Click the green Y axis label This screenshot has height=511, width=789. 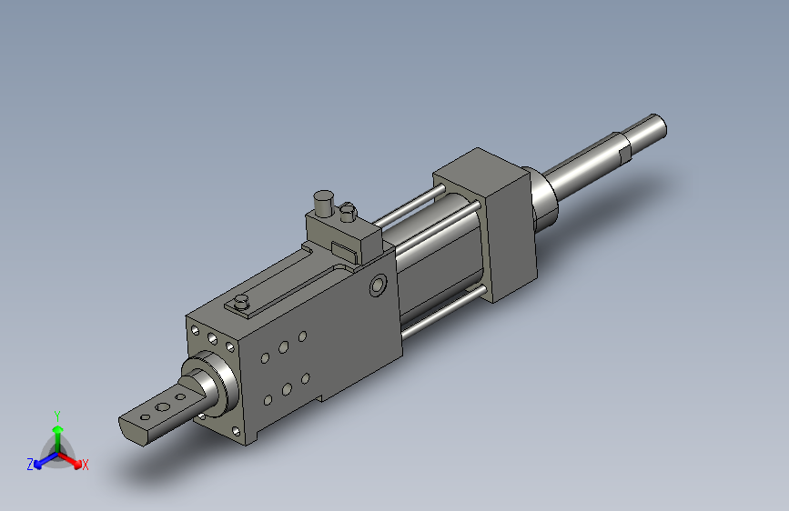click(57, 416)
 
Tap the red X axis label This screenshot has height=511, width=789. click(85, 465)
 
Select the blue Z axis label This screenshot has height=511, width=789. click(30, 465)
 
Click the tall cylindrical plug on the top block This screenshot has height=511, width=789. click(323, 203)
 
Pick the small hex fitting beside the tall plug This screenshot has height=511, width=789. click(348, 212)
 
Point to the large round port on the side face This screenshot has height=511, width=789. click(379, 286)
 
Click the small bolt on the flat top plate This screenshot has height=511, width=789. click(242, 302)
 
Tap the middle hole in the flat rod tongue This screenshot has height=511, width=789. click(163, 406)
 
